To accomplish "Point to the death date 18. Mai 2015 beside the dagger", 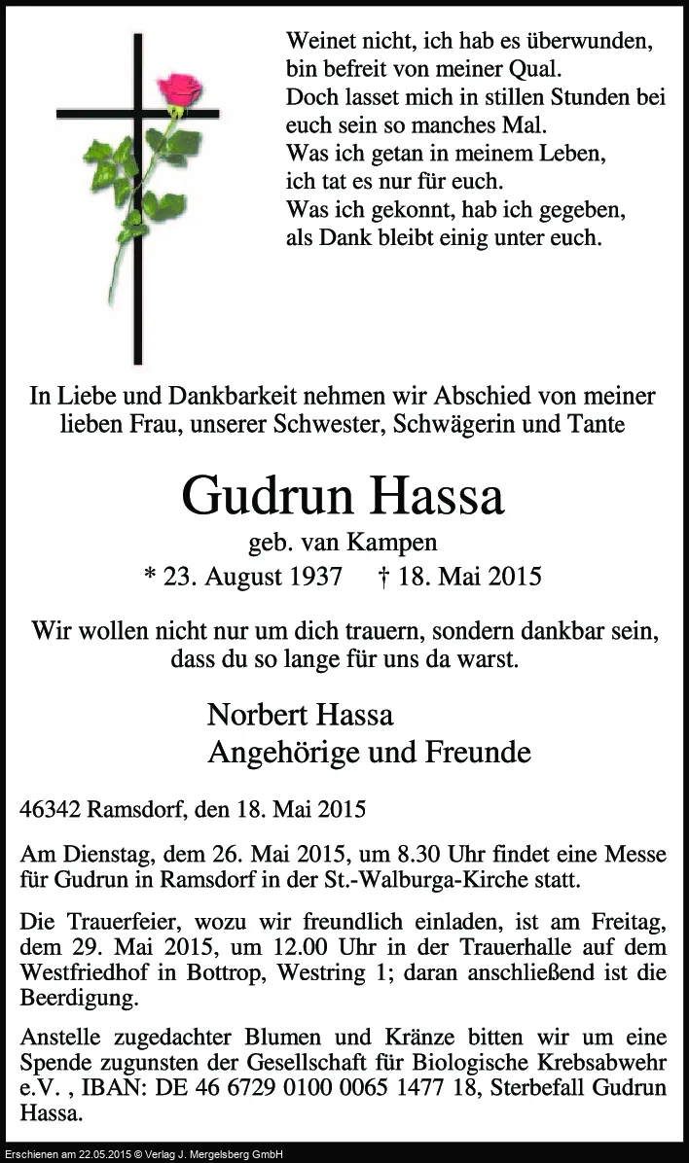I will coord(470,576).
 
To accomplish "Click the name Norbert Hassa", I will coord(300,715).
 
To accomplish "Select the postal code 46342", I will coord(50,809).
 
